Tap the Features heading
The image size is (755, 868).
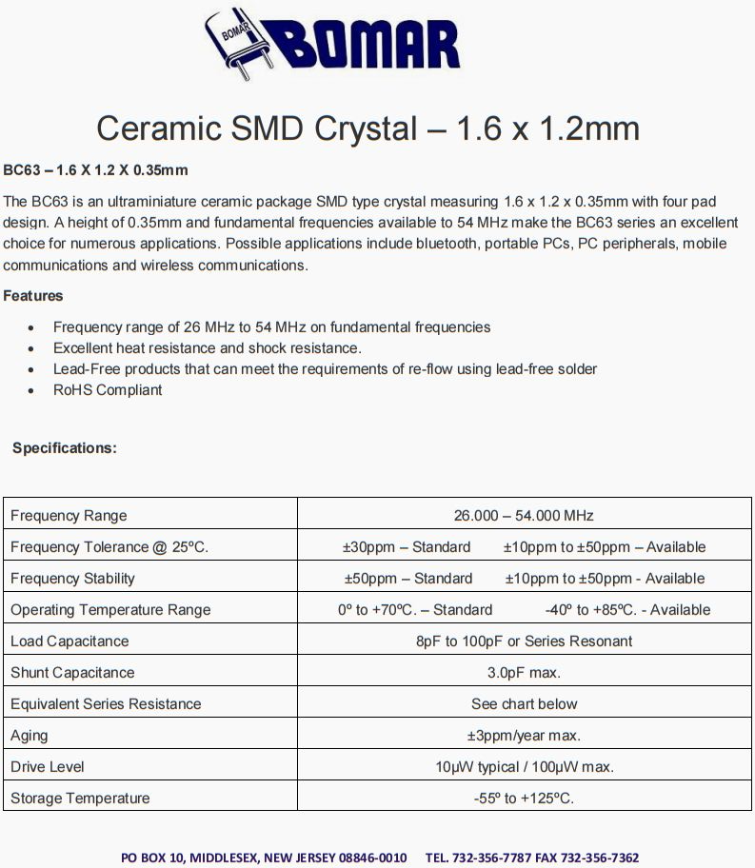click(x=33, y=296)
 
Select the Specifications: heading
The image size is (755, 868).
click(x=65, y=448)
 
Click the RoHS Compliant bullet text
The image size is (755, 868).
click(x=108, y=390)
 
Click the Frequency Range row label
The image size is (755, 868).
click(x=69, y=516)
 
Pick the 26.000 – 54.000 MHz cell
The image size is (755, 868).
click(x=524, y=516)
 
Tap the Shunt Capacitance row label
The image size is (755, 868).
click(x=73, y=673)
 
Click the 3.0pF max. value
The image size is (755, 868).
click(x=524, y=673)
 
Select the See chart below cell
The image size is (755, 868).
click(x=524, y=704)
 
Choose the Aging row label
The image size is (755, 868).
click(x=30, y=736)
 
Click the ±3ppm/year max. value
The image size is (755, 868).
click(x=524, y=736)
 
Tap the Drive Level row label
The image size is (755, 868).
click(x=48, y=767)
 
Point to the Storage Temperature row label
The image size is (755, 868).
click(x=80, y=799)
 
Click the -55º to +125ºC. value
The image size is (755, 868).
click(x=524, y=799)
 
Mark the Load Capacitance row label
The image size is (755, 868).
click(x=70, y=641)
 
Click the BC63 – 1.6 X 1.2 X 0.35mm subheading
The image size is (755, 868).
click(x=95, y=170)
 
